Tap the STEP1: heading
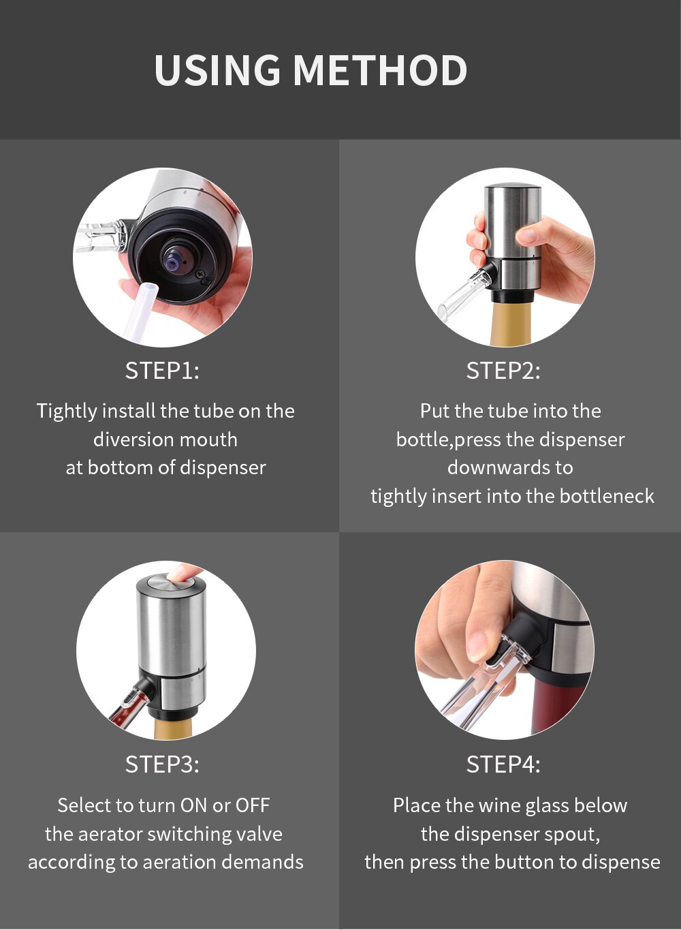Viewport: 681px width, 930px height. tap(162, 371)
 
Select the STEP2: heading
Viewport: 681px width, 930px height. tap(503, 371)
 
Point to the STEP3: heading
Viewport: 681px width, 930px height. tap(162, 764)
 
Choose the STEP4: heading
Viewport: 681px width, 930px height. tap(503, 764)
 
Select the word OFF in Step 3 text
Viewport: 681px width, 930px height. tap(253, 805)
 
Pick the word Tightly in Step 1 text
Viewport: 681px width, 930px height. tap(67, 412)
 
